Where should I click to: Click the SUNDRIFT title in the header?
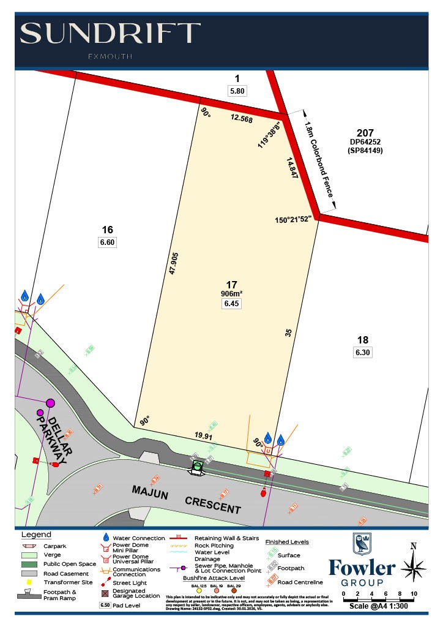click(111, 33)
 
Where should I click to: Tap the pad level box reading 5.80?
click(237, 91)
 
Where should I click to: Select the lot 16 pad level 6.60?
click(107, 242)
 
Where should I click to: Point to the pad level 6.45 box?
click(231, 304)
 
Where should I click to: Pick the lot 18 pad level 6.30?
click(363, 353)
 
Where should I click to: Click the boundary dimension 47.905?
click(173, 263)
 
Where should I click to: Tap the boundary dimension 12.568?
click(241, 119)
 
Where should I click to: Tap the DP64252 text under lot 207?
click(365, 142)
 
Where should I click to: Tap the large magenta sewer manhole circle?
click(50, 403)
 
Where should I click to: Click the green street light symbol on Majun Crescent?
click(197, 467)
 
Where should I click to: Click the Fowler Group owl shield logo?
click(362, 544)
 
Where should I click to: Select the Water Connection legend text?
click(139, 538)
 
